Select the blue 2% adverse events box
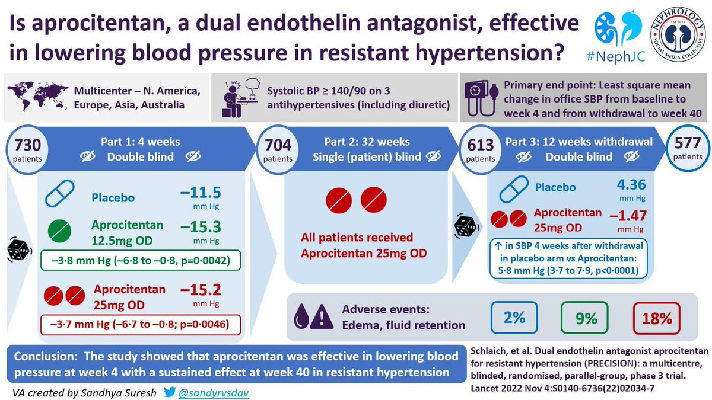click(x=514, y=318)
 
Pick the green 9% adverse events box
click(x=586, y=318)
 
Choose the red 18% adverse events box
click(x=657, y=318)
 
